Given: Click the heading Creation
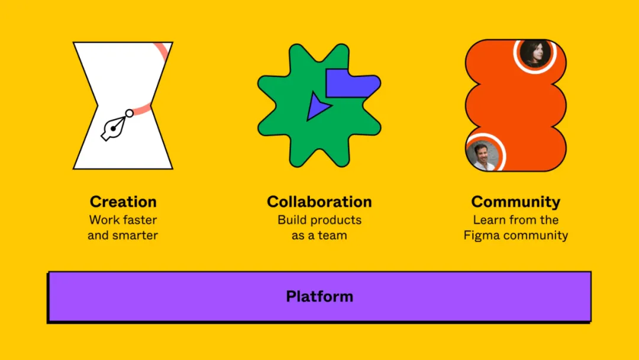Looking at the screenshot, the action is [x=122, y=201].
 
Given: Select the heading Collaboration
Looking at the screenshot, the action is [x=319, y=201].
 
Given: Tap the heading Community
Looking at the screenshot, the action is [x=515, y=201].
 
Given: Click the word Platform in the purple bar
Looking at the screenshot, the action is [x=319, y=296].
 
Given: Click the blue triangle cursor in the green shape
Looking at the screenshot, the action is [x=317, y=107].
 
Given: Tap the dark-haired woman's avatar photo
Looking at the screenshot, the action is [x=535, y=53].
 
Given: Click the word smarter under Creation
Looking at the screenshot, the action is [x=135, y=235].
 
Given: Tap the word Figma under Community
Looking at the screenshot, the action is [x=480, y=235].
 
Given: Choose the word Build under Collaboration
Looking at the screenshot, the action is [x=293, y=220].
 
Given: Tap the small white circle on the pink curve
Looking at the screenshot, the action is [x=129, y=113].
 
